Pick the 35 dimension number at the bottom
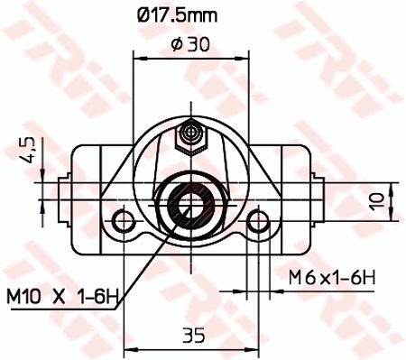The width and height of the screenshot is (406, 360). tap(191, 336)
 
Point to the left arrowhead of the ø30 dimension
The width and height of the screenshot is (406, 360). tap(138, 57)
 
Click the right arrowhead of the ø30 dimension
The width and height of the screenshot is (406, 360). tap(244, 57)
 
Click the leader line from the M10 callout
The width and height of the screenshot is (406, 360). tap(144, 265)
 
